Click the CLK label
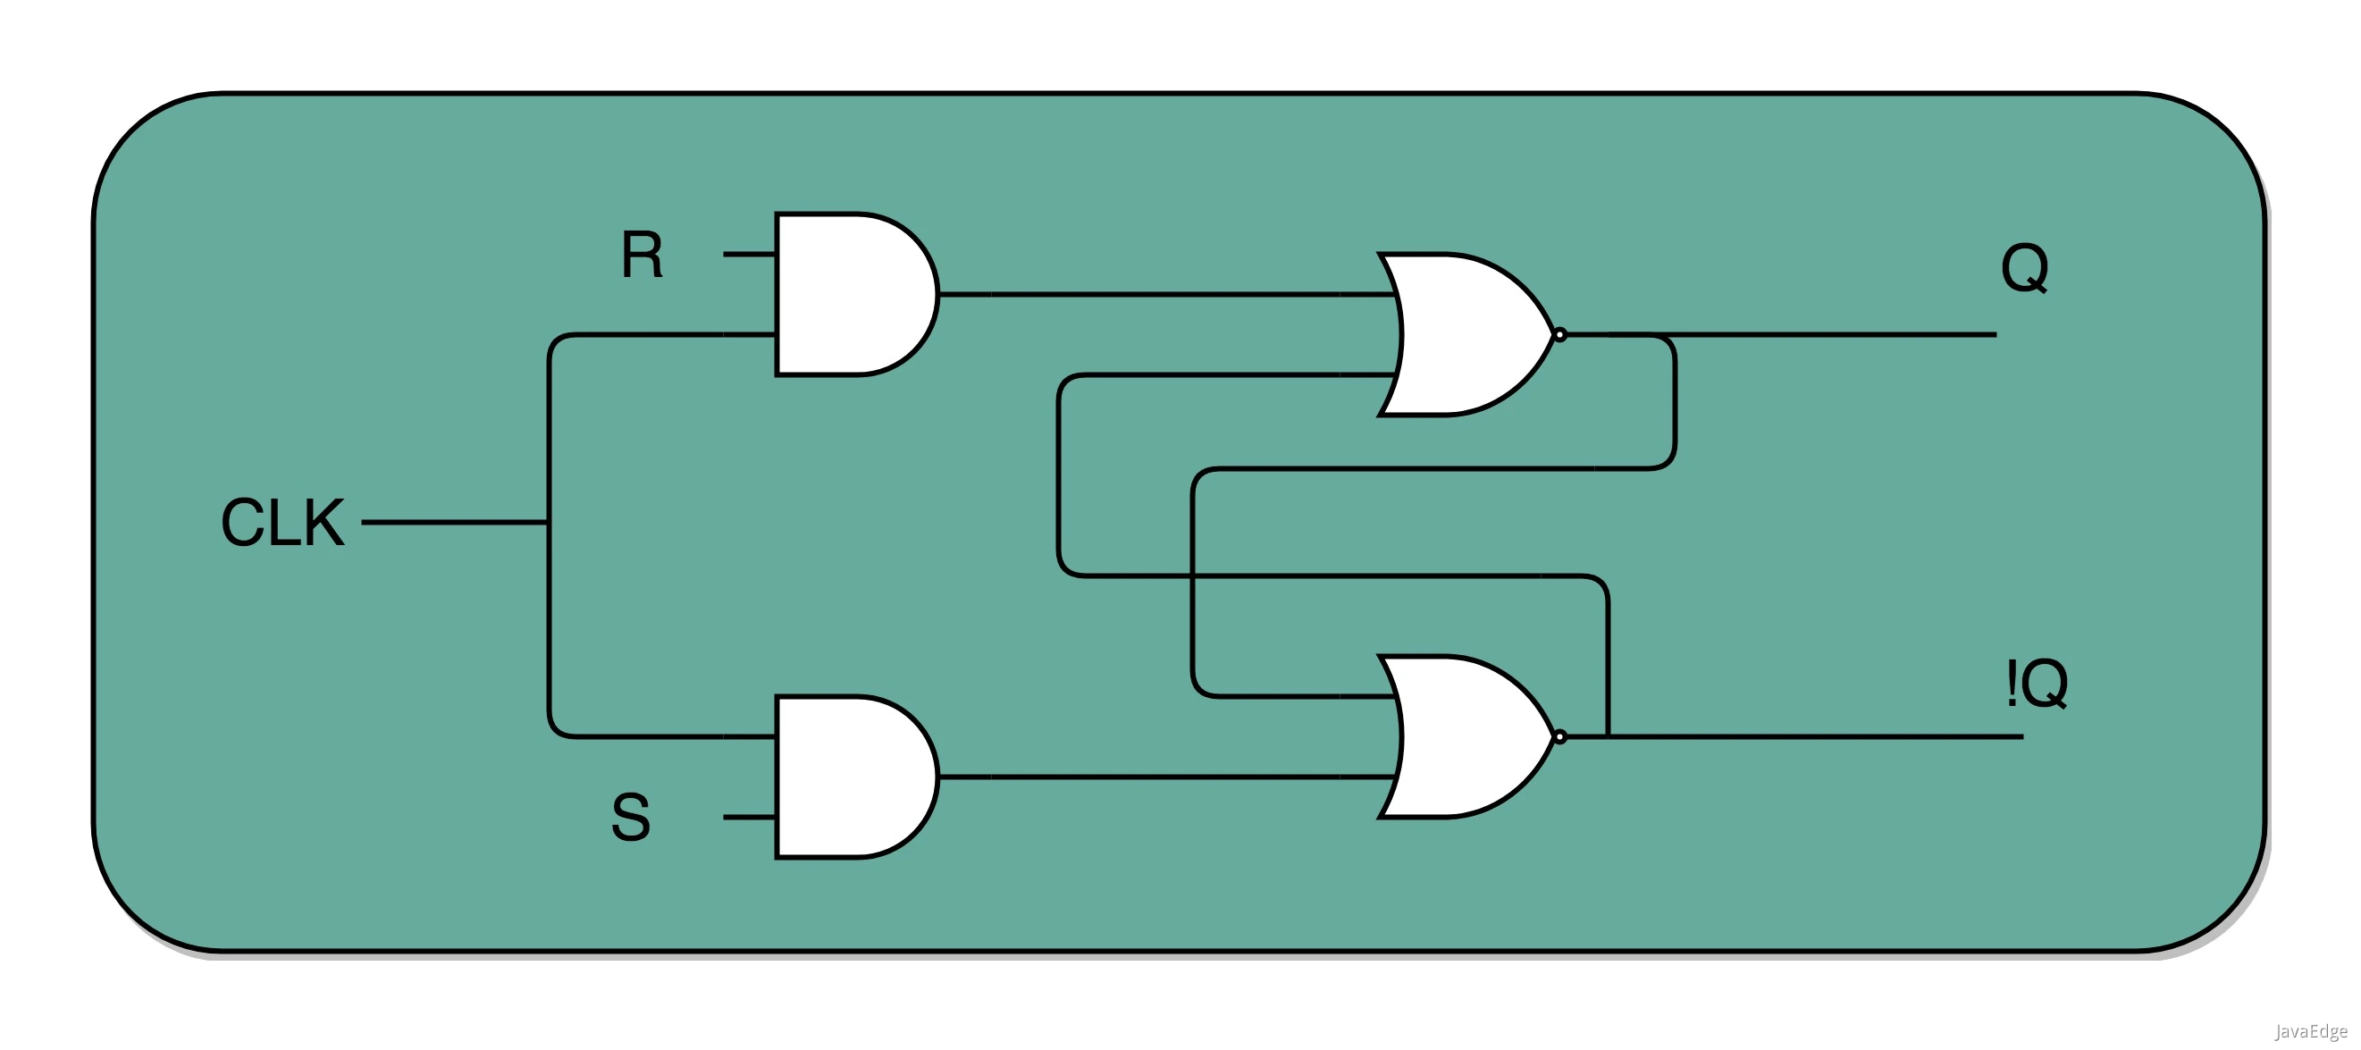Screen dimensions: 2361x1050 (282, 522)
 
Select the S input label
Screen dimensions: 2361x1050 (631, 818)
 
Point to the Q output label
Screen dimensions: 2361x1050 (2024, 267)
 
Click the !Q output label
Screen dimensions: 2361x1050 (2037, 684)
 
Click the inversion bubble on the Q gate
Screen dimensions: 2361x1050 (1560, 335)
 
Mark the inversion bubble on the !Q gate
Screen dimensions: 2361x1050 (1560, 736)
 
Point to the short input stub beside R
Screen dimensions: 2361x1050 (749, 254)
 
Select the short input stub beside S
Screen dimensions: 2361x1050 (749, 817)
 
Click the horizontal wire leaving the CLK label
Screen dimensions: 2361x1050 (454, 522)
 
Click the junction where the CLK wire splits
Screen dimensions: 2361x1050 (549, 522)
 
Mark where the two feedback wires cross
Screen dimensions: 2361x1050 (1192, 576)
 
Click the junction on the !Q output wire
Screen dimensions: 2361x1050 (1609, 736)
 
